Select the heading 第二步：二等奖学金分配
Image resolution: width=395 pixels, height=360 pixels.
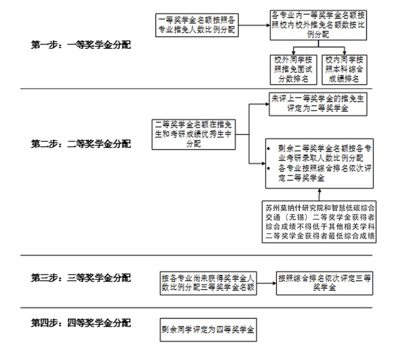[x=81, y=144]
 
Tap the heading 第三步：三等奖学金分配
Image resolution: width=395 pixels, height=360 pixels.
[x=81, y=278]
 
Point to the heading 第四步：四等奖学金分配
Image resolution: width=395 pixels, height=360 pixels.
[x=81, y=322]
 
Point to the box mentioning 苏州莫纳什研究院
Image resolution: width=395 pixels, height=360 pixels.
[x=320, y=220]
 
